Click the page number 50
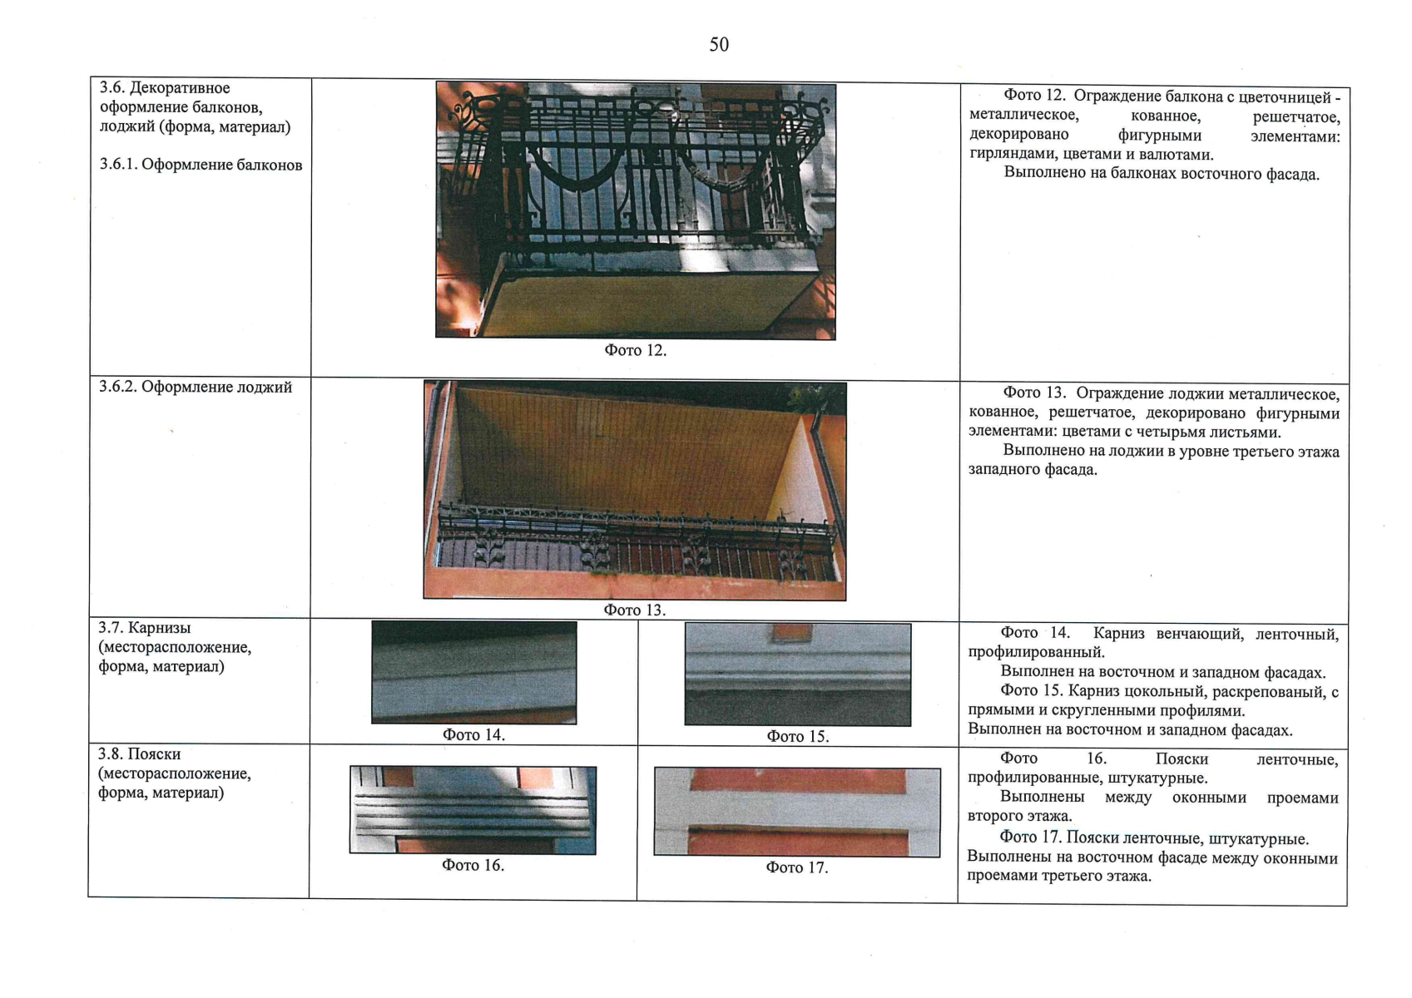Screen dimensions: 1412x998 (x=719, y=45)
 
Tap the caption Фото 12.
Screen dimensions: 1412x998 (x=636, y=350)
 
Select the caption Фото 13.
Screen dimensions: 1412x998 (x=635, y=610)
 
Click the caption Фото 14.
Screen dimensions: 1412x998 (x=473, y=734)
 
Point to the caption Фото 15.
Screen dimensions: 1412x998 (x=797, y=737)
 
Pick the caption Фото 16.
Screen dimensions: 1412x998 (x=473, y=865)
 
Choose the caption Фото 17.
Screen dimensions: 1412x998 (x=797, y=867)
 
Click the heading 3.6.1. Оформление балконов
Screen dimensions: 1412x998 (x=201, y=165)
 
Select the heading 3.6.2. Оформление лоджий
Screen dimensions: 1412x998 (x=196, y=387)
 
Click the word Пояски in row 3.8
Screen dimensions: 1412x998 (x=155, y=754)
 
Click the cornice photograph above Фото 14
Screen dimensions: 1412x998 (x=474, y=672)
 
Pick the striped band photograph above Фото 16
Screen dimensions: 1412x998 (x=473, y=810)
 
